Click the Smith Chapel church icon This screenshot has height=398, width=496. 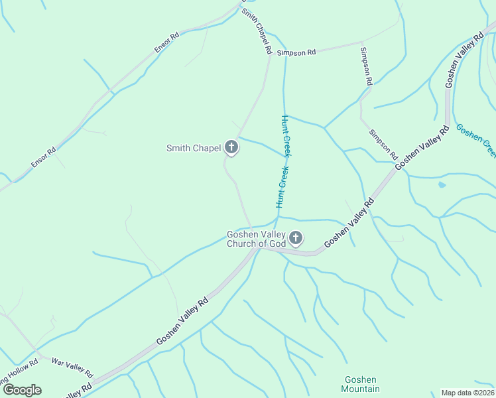[x=231, y=147]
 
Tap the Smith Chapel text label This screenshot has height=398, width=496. [x=193, y=148]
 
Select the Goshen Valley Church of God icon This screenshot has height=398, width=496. [x=296, y=237]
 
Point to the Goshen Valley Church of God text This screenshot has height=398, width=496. [x=256, y=239]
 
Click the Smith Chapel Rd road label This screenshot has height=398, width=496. [x=257, y=31]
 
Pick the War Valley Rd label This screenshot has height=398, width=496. [x=72, y=369]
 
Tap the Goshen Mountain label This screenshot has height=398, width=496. [x=361, y=384]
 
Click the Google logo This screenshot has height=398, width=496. [x=22, y=389]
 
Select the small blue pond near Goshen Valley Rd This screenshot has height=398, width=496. [x=442, y=184]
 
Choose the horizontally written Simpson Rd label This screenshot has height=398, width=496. [x=296, y=52]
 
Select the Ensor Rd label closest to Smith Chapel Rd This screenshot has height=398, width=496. [x=166, y=42]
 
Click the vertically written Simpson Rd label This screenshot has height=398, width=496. [x=366, y=66]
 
